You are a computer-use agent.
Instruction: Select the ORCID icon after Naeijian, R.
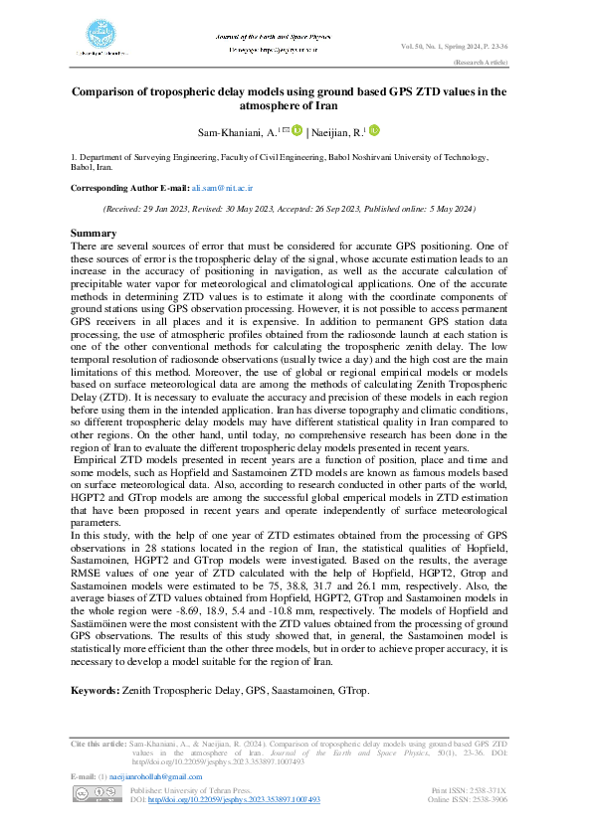(x=374, y=130)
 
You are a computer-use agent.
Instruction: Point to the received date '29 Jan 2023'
(x=174, y=208)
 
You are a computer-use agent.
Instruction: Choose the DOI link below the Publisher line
(x=235, y=799)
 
